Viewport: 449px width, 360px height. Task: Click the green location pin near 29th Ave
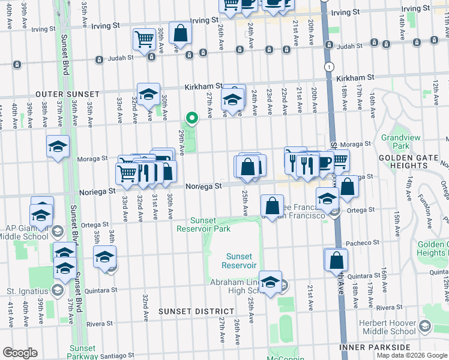click(191, 118)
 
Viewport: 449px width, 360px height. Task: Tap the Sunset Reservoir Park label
click(203, 224)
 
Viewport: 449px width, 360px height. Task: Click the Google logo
click(20, 353)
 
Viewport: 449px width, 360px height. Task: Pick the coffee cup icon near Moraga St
click(324, 161)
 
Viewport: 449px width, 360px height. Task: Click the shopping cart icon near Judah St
click(144, 40)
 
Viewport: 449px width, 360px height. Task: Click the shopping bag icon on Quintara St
click(336, 260)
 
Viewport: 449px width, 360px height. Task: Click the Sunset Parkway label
click(82, 352)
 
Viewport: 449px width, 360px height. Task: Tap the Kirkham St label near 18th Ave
click(355, 78)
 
